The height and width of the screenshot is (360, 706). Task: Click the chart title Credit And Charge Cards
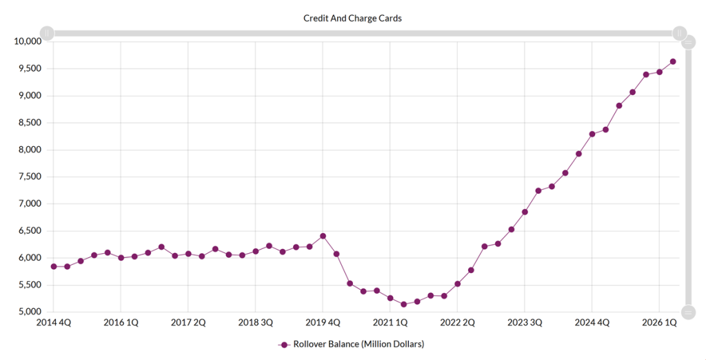[x=352, y=19]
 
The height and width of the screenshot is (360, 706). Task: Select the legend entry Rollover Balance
[x=351, y=344]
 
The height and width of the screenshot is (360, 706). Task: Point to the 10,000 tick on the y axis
[x=28, y=41]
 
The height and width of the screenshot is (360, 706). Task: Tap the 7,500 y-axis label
[x=30, y=177]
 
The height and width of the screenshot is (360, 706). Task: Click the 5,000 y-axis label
[x=30, y=312]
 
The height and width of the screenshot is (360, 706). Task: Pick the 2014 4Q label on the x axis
[x=54, y=323]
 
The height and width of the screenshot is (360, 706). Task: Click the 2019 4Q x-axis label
[x=323, y=323]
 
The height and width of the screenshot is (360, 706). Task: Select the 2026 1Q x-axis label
[x=659, y=323]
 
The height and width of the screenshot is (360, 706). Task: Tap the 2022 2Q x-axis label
[x=458, y=323]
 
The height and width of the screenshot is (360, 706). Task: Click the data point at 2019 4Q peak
[x=323, y=236]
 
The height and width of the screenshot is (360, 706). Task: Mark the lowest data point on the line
[x=403, y=305]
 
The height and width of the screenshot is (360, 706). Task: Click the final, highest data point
[x=673, y=62]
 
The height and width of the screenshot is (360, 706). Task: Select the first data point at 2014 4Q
[x=54, y=267]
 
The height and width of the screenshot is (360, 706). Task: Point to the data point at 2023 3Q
[x=525, y=212]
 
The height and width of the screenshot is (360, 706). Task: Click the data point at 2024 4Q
[x=592, y=134]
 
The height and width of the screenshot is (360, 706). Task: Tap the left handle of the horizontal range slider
[x=47, y=33]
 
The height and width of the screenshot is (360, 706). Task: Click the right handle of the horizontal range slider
[x=679, y=33]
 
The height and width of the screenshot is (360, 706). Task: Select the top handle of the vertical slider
[x=688, y=42]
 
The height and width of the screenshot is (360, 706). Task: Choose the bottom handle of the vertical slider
[x=688, y=312]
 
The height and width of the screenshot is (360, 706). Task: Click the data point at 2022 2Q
[x=458, y=284]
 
